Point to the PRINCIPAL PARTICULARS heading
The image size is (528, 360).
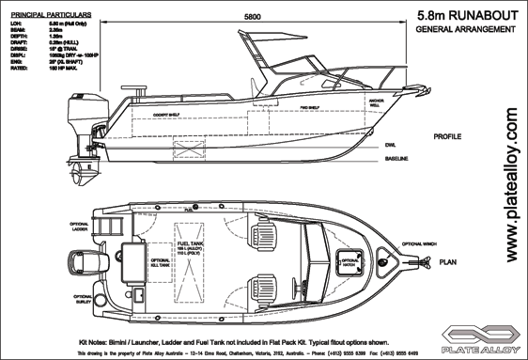pyautogui.click(x=46, y=16)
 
